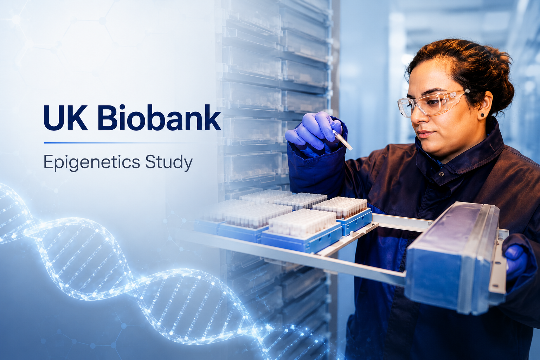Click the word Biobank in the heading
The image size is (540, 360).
(159, 118)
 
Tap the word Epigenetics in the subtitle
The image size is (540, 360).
(92, 163)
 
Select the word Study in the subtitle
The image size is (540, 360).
(169, 163)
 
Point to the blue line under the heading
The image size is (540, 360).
(118, 143)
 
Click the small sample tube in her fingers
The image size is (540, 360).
(342, 140)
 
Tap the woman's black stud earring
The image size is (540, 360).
(482, 115)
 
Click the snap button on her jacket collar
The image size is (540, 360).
(442, 174)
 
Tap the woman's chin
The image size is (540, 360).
(431, 149)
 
